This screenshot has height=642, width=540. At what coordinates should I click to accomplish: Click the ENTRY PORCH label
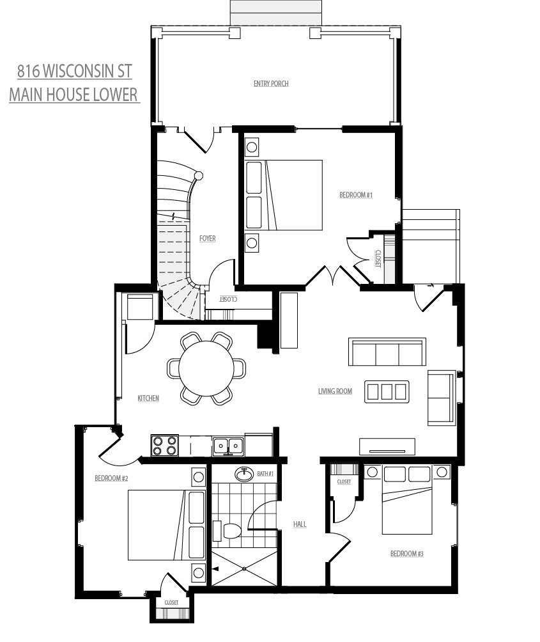click(x=271, y=84)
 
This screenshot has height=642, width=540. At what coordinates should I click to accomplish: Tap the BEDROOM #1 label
click(x=356, y=195)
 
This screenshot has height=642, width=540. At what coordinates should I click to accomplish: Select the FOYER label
click(x=208, y=239)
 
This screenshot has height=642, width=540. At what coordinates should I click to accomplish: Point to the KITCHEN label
click(x=148, y=398)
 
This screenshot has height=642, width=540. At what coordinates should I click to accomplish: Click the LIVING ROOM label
click(x=335, y=391)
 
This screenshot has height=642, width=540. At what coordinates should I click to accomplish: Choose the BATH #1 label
click(x=265, y=473)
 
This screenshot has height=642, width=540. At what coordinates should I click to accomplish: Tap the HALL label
click(x=300, y=524)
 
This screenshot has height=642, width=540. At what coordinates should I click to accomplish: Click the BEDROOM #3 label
click(x=406, y=554)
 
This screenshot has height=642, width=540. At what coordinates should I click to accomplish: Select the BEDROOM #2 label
click(x=111, y=478)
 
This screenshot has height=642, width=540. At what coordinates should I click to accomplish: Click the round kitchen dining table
click(x=206, y=368)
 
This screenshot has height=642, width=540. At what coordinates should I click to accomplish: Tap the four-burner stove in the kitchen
click(x=164, y=446)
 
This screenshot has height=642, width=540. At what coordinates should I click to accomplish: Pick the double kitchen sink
click(x=228, y=446)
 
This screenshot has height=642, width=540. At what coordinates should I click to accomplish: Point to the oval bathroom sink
click(x=245, y=474)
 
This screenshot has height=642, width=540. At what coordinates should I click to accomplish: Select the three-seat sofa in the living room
click(x=387, y=352)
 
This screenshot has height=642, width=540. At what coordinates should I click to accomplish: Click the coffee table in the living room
click(x=387, y=392)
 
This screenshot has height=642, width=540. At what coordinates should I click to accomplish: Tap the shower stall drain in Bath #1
click(x=244, y=568)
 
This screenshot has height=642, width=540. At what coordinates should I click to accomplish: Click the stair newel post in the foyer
click(x=198, y=175)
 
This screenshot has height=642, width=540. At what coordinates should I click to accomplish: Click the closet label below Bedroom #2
click(x=171, y=602)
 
